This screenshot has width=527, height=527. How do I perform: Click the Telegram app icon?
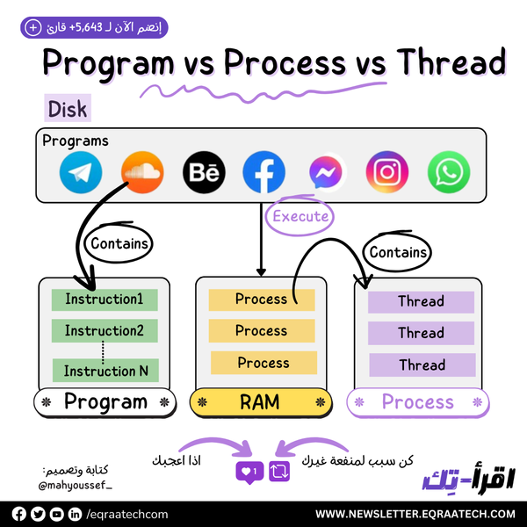[x=81, y=173]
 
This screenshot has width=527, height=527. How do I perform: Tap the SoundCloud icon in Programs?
[x=142, y=173]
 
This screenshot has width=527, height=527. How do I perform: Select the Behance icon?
[x=204, y=173]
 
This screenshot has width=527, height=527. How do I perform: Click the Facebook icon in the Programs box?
[x=264, y=173]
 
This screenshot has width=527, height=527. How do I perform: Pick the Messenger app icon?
[x=326, y=173]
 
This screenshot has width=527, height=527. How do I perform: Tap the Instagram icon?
[x=387, y=173]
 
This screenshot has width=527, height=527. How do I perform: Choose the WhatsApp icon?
[x=449, y=173]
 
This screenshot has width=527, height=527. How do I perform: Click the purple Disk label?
[x=67, y=110]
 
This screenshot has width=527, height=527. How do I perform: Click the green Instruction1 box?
[x=105, y=300]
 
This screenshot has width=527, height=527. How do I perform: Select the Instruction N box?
[x=105, y=371]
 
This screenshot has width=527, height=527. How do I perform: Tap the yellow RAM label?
[x=260, y=402]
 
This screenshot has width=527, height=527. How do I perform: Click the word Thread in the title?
[x=450, y=63]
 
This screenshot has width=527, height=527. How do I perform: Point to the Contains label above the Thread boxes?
[x=397, y=253]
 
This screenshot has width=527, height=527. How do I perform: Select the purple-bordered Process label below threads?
[x=417, y=402]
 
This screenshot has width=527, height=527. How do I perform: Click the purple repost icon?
[x=280, y=471]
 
